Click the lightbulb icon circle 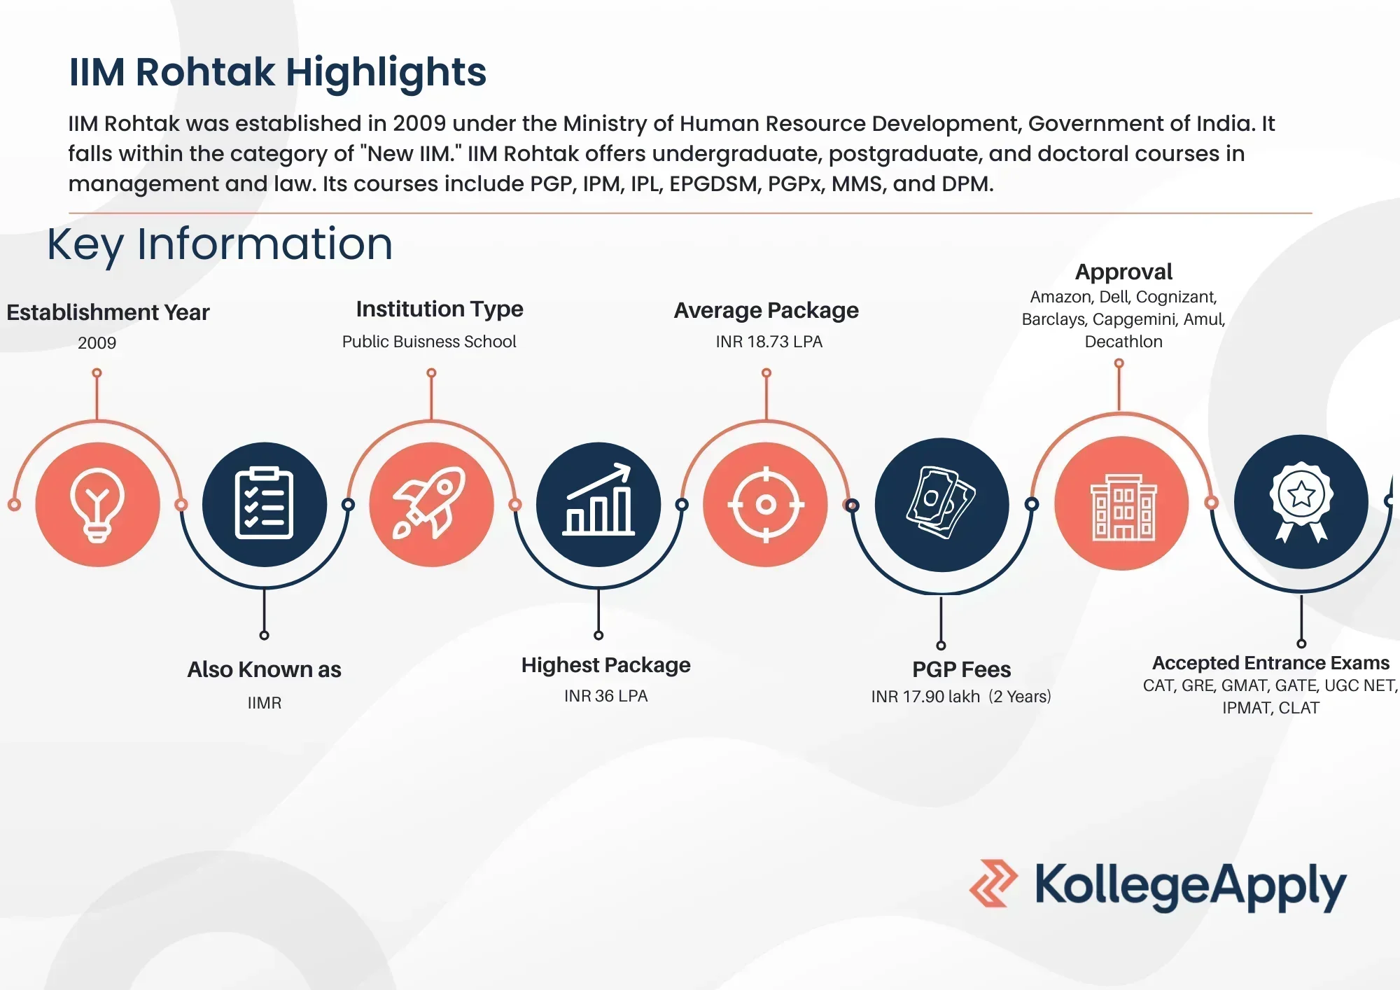(x=97, y=504)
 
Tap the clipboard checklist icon (x=264, y=503)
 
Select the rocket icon (x=431, y=503)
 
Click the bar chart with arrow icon (x=598, y=503)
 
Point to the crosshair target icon (x=766, y=504)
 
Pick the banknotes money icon (x=941, y=504)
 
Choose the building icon (x=1122, y=504)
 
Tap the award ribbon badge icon (x=1301, y=501)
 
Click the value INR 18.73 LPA (x=769, y=342)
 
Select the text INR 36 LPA (x=605, y=696)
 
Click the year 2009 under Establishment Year (x=97, y=343)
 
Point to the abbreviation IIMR (x=264, y=703)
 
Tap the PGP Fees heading (x=961, y=669)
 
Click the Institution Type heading (x=439, y=309)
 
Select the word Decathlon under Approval (x=1123, y=342)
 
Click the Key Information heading (x=220, y=244)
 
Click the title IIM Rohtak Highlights (x=277, y=72)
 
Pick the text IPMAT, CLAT (x=1270, y=708)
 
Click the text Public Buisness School (x=428, y=342)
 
